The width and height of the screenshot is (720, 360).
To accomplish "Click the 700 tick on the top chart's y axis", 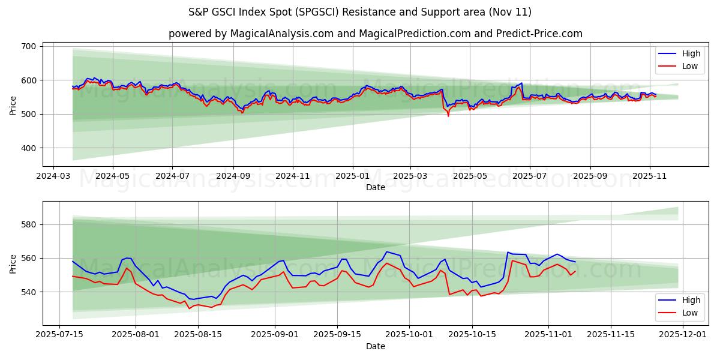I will point(29,46).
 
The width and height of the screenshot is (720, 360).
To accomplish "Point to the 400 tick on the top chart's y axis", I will point(29,148).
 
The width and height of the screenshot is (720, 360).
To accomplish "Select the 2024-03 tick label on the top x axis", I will point(53,176).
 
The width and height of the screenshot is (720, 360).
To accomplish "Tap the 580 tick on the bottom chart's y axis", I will point(29,224).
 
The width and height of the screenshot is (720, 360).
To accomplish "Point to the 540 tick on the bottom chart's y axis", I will point(29,292).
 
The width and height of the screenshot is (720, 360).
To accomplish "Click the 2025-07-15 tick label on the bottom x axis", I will point(59,335).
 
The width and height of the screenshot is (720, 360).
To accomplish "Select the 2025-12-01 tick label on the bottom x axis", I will point(684,335).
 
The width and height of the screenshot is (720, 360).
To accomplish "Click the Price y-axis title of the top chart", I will point(13,105).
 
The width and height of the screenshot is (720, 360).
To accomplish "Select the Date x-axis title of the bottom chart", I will point(376,346).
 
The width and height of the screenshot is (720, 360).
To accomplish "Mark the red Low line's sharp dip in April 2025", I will point(448,115).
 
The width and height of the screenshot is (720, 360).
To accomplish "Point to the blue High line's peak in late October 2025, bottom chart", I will point(508,252).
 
